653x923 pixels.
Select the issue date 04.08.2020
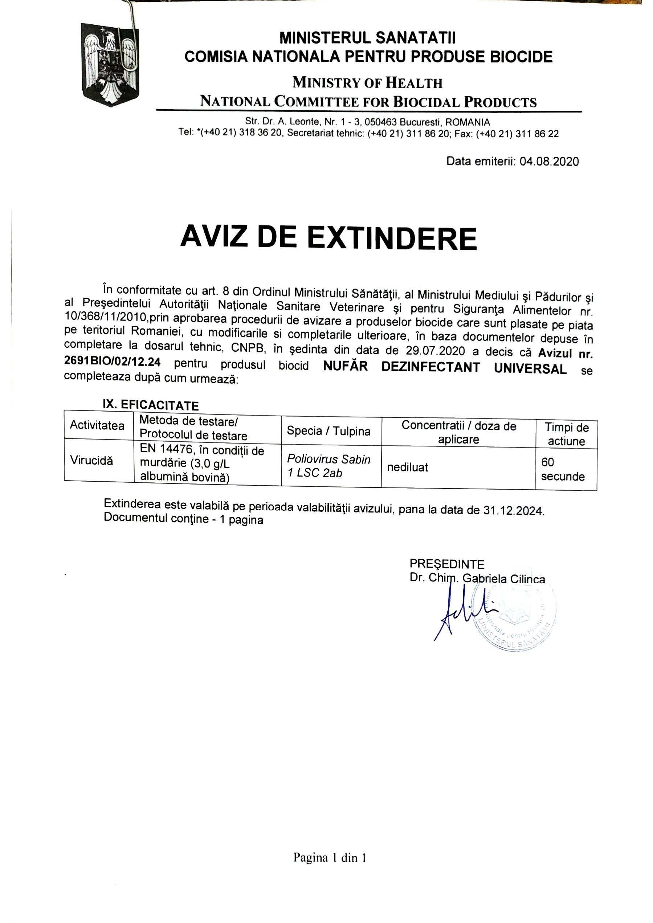549,162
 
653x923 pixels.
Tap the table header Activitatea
97,425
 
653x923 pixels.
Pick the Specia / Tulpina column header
328,431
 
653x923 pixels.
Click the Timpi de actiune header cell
566,434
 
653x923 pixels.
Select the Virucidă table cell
92,460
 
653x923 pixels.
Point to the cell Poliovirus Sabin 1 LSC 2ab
328,466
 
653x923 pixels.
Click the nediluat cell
407,467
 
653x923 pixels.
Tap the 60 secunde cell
563,470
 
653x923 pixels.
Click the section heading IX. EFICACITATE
151,404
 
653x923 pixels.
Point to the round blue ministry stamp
517,617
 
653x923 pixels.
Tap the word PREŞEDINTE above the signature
447,564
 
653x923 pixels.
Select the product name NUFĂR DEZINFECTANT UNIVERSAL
445,367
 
